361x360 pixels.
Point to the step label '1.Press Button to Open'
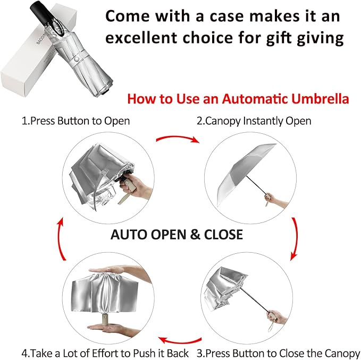[x=75, y=121]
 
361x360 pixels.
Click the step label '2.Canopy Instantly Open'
[x=254, y=121]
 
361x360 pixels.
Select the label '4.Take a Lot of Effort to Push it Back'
[x=105, y=352]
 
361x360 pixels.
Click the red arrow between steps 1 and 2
[x=177, y=139]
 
